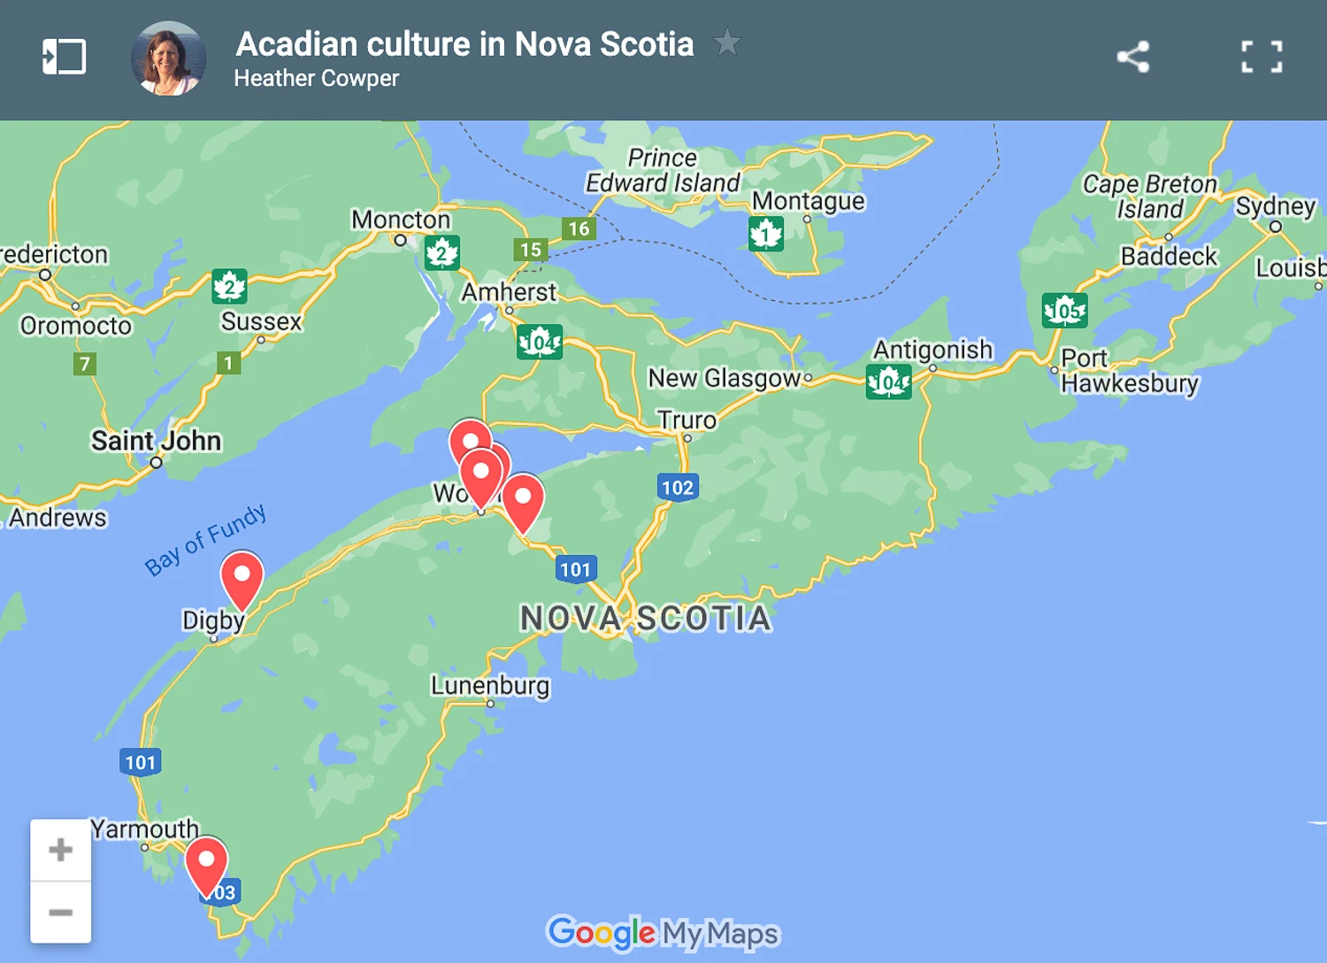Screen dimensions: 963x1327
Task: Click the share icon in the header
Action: (x=1132, y=58)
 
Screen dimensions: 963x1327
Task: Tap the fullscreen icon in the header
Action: (x=1262, y=58)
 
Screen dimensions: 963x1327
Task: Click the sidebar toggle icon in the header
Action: (x=65, y=58)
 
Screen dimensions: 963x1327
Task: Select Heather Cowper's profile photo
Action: (x=168, y=58)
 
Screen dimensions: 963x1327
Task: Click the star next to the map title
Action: (x=727, y=42)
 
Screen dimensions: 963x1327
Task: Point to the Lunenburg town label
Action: (x=490, y=686)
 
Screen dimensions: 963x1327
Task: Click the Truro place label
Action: (x=687, y=420)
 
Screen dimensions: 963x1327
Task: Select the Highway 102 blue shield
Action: (x=678, y=487)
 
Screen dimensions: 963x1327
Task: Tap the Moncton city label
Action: (x=401, y=220)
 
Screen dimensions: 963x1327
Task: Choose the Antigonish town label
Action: (x=932, y=350)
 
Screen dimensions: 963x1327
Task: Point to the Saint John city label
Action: (x=156, y=441)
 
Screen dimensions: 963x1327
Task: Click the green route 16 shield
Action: (x=579, y=228)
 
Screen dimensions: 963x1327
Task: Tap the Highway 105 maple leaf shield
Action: (x=1064, y=311)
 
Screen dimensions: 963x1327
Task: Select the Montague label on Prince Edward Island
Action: (x=808, y=201)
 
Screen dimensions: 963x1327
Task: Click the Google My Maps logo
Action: (x=663, y=933)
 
